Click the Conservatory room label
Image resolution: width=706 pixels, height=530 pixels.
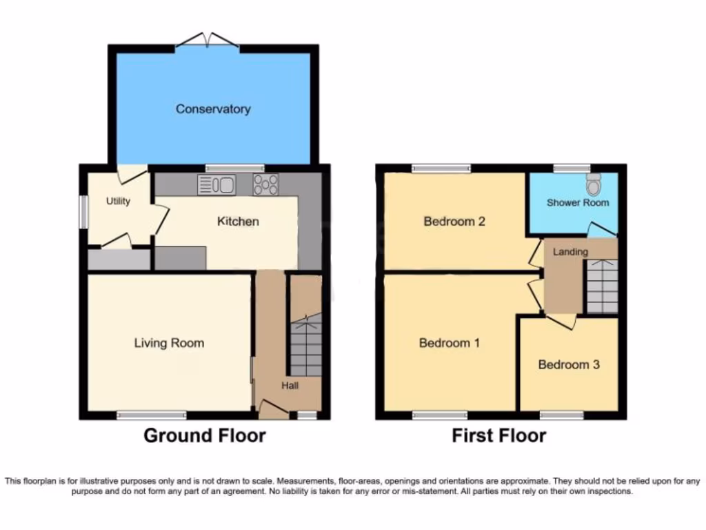pos(212,109)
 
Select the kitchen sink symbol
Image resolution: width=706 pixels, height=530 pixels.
pos(216,184)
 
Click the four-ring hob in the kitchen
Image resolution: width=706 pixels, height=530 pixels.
pos(265,184)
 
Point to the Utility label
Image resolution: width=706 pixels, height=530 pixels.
pos(118,202)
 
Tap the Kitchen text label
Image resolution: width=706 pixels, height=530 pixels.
pos(238,222)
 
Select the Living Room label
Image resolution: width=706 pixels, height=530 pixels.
pos(169,343)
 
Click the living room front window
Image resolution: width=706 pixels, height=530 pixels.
pos(152,415)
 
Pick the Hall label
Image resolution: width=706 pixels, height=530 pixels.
pos(290,386)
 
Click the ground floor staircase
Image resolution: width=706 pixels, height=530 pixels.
pos(305,345)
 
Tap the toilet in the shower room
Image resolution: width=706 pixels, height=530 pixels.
pos(593,184)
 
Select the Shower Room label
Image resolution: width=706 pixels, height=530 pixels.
pos(578,203)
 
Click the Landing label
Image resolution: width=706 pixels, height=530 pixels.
pos(570,252)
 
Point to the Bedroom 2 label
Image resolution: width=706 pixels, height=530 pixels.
pos(454,222)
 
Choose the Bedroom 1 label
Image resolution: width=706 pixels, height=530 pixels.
pos(450,343)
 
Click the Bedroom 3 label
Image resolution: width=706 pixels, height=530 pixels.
pos(569,364)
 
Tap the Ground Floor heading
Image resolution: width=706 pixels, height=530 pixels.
pos(205,435)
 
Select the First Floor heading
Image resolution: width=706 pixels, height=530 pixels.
pos(499,435)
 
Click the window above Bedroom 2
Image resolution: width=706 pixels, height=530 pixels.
pos(442,168)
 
